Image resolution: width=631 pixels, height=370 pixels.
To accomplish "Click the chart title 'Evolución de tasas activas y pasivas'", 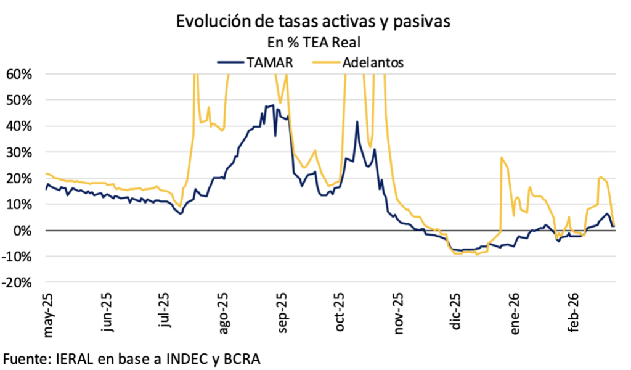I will click(314, 22).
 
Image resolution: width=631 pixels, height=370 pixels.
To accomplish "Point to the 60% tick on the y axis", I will click(19, 74).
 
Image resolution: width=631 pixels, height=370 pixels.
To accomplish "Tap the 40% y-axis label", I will click(19, 126).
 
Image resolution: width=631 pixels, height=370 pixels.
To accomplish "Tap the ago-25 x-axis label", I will click(224, 314).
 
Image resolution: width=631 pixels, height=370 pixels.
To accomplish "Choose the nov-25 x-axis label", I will click(399, 314).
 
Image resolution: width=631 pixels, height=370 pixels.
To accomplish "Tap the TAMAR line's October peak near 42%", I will click(357, 121).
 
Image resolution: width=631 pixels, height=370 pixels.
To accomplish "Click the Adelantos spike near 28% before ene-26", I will click(502, 157).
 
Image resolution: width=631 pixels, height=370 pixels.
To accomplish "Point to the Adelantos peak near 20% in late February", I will click(600, 178).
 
